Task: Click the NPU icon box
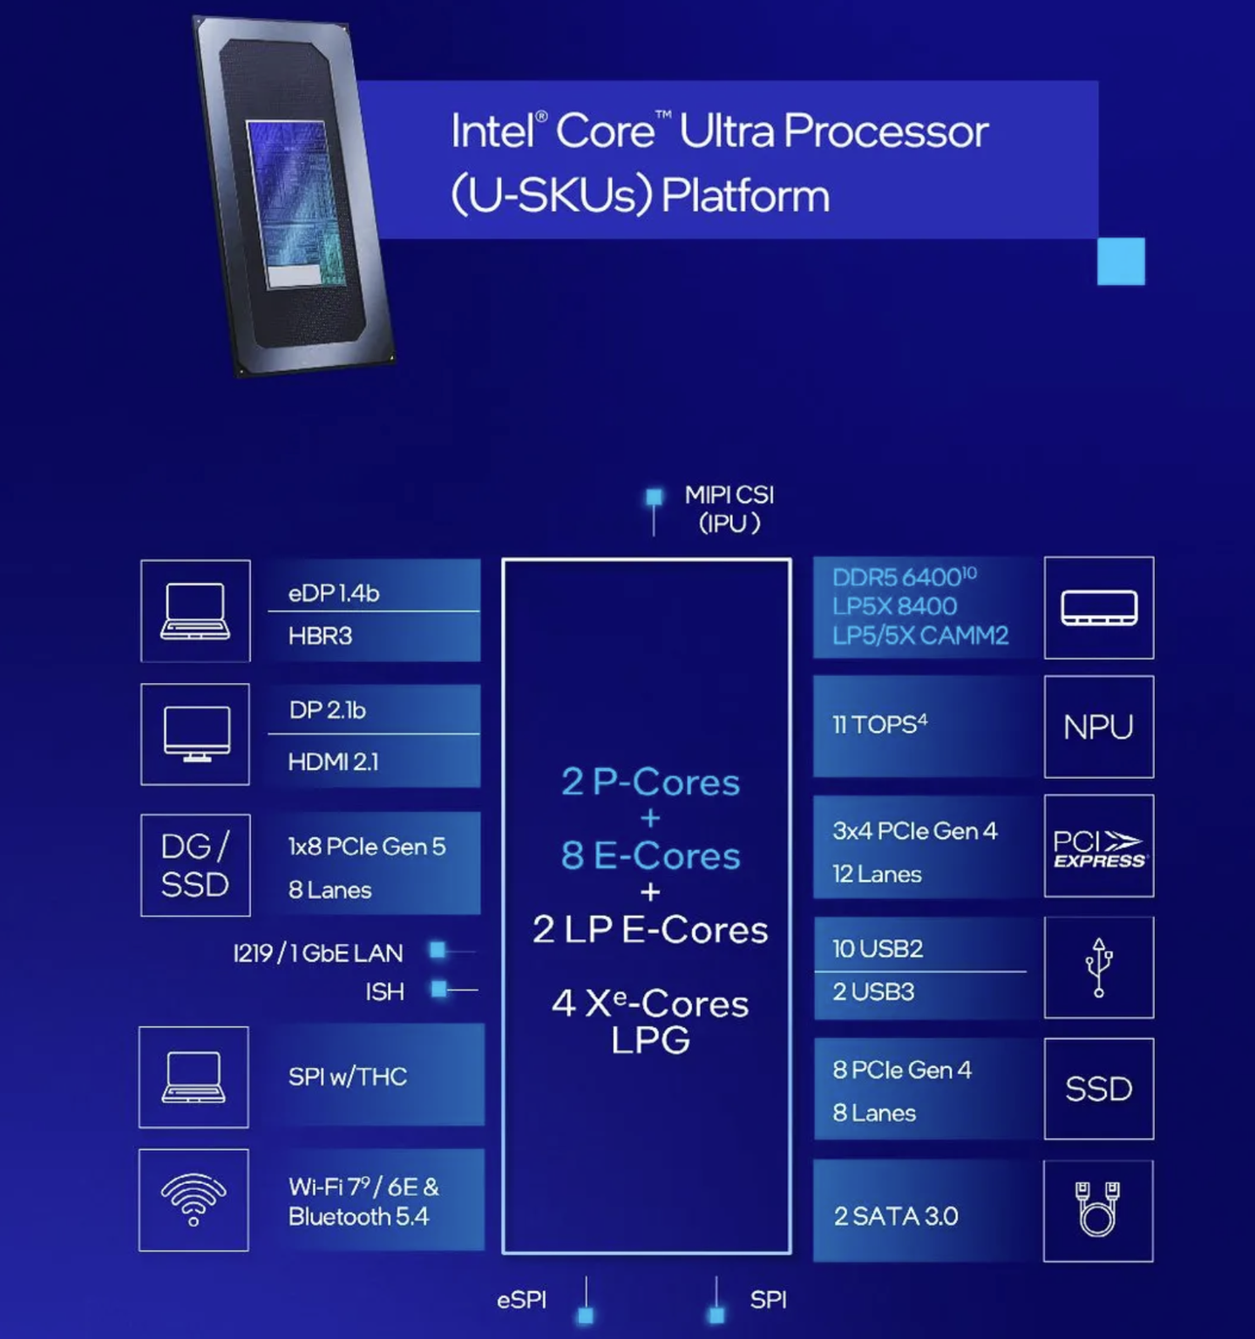pyautogui.click(x=1098, y=727)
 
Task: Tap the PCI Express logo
pyautogui.click(x=1098, y=847)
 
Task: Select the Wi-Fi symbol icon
pyautogui.click(x=193, y=1199)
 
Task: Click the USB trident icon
pyautogui.click(x=1098, y=967)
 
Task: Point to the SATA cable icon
pyautogui.click(x=1097, y=1209)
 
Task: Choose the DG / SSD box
pyautogui.click(x=195, y=865)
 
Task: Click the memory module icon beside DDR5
pyautogui.click(x=1098, y=607)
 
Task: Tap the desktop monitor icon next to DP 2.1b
pyautogui.click(x=197, y=734)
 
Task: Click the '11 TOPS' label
pyautogui.click(x=879, y=725)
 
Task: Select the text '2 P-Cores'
pyautogui.click(x=650, y=781)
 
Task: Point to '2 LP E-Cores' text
pyautogui.click(x=650, y=930)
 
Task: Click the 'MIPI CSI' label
pyautogui.click(x=729, y=495)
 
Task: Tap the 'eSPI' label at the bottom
pyautogui.click(x=521, y=1300)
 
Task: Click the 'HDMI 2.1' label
pyautogui.click(x=333, y=762)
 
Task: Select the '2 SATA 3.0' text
pyautogui.click(x=895, y=1216)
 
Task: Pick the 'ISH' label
pyautogui.click(x=384, y=991)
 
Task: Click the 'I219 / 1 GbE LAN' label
pyautogui.click(x=318, y=953)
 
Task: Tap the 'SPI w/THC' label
pyautogui.click(x=347, y=1077)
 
